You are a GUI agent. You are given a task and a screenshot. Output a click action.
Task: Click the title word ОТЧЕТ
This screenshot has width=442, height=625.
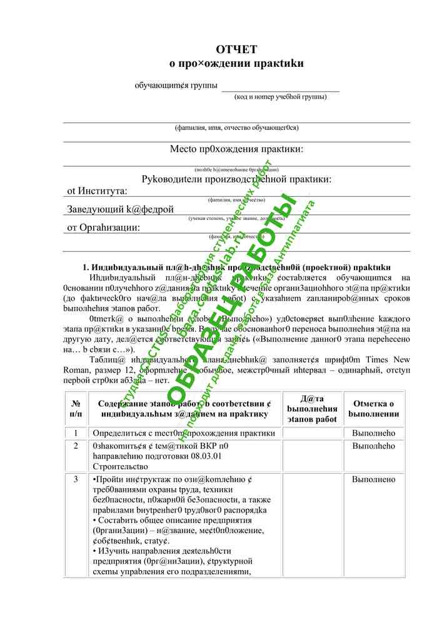[x=236, y=49]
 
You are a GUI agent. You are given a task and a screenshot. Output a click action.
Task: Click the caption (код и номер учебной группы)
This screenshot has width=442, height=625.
[x=280, y=97]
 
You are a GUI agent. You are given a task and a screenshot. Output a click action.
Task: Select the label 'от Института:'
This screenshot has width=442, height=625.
[x=97, y=191]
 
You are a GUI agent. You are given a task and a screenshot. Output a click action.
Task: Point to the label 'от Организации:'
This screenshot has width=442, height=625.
[x=104, y=228]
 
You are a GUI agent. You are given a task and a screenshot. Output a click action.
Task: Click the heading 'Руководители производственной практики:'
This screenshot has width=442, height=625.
[x=236, y=179]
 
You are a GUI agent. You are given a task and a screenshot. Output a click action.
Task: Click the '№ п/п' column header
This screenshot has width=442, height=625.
[x=76, y=409]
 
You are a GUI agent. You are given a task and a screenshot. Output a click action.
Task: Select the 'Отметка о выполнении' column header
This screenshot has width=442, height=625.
[x=374, y=409]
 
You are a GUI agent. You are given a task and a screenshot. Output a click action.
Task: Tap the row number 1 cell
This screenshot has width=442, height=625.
[x=76, y=433]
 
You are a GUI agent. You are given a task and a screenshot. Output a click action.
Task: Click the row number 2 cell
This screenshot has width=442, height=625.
[x=76, y=446]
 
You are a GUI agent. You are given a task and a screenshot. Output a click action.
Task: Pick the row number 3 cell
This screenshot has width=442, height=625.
[x=76, y=479]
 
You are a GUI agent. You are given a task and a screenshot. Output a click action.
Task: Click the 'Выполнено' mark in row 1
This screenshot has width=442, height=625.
[x=374, y=433]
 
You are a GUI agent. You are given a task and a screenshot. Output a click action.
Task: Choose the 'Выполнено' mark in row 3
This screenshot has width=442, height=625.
[x=374, y=479]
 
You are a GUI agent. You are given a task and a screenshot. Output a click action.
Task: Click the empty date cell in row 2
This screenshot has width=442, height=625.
[x=312, y=456]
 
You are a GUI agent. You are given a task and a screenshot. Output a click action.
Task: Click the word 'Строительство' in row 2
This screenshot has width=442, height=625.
[x=120, y=466]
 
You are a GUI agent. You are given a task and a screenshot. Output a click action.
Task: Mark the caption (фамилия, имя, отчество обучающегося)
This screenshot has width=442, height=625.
[x=236, y=128]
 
